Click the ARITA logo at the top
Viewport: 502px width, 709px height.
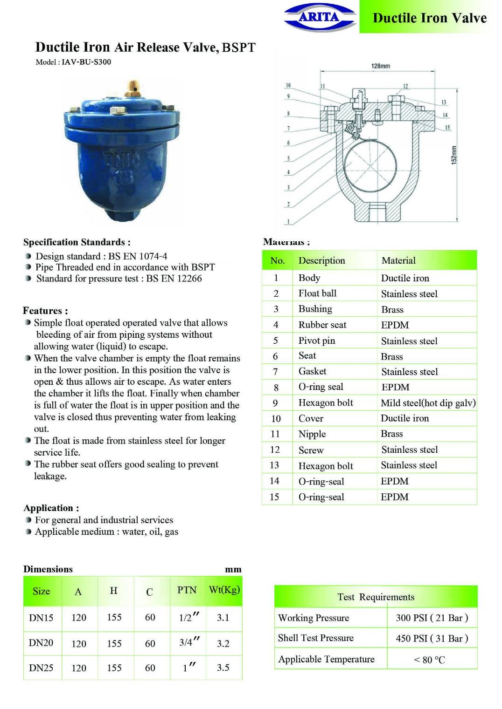(x=320, y=17)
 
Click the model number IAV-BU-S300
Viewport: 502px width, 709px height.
(x=86, y=62)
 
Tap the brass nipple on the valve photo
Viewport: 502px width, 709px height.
(x=132, y=88)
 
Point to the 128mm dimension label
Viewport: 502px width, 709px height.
(x=380, y=66)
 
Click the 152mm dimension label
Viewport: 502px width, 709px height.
(x=454, y=155)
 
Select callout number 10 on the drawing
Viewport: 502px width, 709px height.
(x=288, y=85)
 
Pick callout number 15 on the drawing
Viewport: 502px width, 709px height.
(x=447, y=128)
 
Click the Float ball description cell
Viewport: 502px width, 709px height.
(x=317, y=293)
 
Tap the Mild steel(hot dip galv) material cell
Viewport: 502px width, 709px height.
(x=428, y=403)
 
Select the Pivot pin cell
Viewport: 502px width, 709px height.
(x=317, y=341)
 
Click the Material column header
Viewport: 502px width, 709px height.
(x=398, y=260)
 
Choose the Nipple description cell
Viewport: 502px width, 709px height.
(x=312, y=434)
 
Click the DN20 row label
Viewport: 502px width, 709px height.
(x=41, y=643)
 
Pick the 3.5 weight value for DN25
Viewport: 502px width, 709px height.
(x=223, y=668)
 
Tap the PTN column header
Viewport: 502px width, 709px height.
(x=187, y=590)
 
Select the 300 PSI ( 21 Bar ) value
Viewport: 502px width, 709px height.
(x=432, y=618)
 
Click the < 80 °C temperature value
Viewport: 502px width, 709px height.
(x=429, y=660)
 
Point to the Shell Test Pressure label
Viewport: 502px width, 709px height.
(x=316, y=638)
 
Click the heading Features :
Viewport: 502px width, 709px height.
(x=45, y=311)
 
